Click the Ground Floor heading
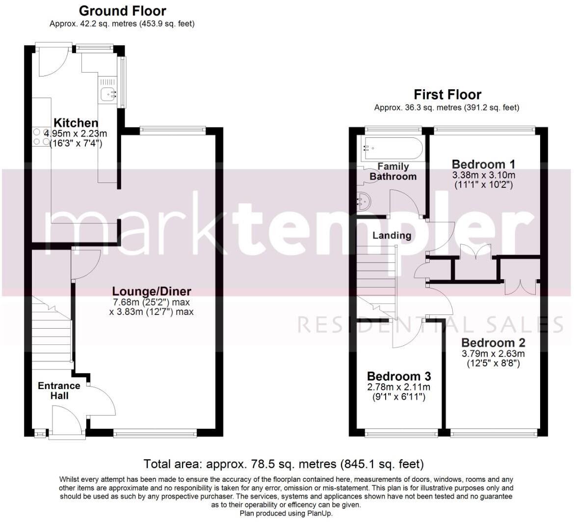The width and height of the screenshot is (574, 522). tap(122, 11)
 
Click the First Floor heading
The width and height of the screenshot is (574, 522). tap(447, 94)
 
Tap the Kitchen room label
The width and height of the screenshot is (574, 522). tap(76, 123)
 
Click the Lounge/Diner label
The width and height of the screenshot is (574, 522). tap(151, 291)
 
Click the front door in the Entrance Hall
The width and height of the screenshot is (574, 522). tap(66, 422)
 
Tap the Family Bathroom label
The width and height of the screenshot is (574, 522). tap(393, 172)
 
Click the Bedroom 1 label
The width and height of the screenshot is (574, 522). tap(483, 164)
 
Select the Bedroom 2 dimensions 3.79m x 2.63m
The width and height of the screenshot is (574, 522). tap(493, 354)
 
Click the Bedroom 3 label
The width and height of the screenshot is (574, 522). tap(399, 376)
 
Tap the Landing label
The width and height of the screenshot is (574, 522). tap(391, 235)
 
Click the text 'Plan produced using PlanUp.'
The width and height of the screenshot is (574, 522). tap(286, 513)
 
